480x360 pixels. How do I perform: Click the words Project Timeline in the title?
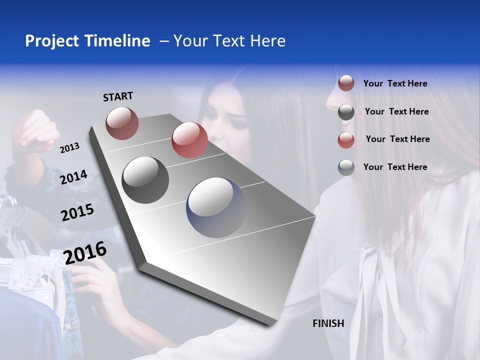[87, 41]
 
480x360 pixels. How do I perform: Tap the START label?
[118, 96]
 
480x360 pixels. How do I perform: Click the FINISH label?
[328, 323]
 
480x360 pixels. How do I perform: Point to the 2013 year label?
[69, 148]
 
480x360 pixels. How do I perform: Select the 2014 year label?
[73, 177]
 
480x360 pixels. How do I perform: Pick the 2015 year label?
[77, 212]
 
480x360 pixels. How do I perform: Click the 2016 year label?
[85, 253]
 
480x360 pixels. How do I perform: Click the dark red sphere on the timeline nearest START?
[122, 123]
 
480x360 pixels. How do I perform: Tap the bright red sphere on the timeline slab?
[189, 140]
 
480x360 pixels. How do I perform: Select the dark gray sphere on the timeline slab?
[145, 179]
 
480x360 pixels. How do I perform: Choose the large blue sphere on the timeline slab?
[216, 207]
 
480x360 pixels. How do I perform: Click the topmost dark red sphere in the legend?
[346, 83]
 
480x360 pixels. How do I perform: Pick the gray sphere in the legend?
[346, 112]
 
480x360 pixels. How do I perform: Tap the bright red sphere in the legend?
[346, 140]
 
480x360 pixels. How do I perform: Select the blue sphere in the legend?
[346, 167]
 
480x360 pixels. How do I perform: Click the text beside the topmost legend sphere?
[395, 83]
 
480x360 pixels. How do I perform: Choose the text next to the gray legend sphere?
[396, 111]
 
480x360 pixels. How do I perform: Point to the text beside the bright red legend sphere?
[397, 139]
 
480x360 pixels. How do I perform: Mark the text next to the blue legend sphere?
[395, 167]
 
